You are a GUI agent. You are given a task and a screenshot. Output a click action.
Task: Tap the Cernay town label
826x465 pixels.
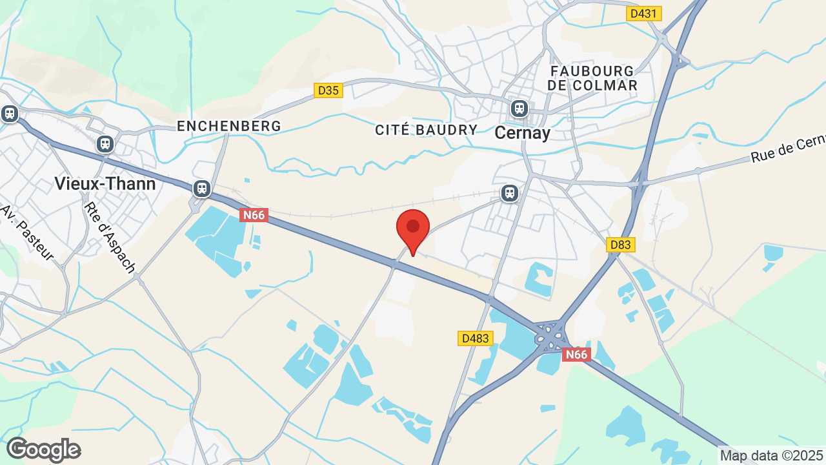click(523, 133)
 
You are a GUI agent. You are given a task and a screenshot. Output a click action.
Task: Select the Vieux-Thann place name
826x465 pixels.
click(105, 183)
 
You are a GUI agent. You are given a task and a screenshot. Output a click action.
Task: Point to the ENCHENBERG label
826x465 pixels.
click(229, 126)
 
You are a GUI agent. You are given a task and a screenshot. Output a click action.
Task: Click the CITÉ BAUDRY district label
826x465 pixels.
click(427, 130)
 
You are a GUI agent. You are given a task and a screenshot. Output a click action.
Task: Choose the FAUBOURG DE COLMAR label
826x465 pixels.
click(592, 77)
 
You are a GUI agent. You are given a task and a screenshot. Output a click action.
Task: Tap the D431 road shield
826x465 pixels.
click(643, 13)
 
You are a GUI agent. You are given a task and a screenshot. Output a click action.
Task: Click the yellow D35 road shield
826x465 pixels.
click(328, 90)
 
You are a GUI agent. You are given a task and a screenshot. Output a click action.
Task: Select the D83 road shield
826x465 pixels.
click(621, 245)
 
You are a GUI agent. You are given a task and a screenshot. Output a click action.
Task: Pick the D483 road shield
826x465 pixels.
click(476, 338)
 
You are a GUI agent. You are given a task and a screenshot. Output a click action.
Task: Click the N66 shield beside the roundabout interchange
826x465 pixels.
click(576, 355)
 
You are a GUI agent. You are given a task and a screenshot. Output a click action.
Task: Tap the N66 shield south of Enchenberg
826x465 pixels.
click(254, 215)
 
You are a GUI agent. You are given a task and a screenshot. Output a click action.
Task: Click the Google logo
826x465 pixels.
click(44, 449)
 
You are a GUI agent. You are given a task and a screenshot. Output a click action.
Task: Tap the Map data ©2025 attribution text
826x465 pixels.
click(771, 455)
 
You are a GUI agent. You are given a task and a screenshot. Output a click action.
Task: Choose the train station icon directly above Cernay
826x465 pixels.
click(519, 108)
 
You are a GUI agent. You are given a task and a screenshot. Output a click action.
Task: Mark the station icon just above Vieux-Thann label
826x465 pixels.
click(105, 143)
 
